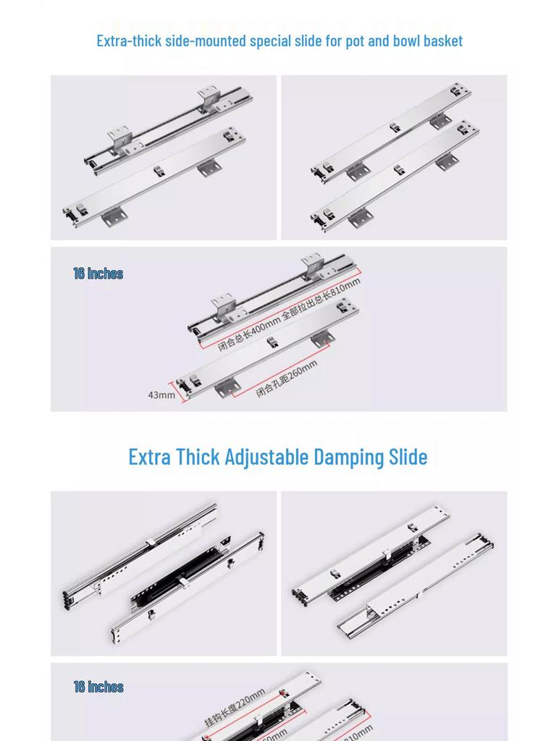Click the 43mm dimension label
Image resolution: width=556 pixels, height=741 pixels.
click(x=161, y=395)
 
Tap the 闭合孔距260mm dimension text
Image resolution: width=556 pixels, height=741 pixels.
click(x=287, y=378)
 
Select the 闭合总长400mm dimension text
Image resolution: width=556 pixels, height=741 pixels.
click(x=248, y=332)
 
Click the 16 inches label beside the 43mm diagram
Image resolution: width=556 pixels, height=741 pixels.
click(x=98, y=274)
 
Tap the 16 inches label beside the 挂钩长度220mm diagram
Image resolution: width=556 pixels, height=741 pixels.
click(x=98, y=687)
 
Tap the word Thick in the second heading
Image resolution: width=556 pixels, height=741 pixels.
click(x=198, y=457)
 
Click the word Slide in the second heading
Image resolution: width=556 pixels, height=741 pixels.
click(x=408, y=457)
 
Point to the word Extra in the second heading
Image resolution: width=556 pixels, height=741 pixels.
click(x=150, y=457)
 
